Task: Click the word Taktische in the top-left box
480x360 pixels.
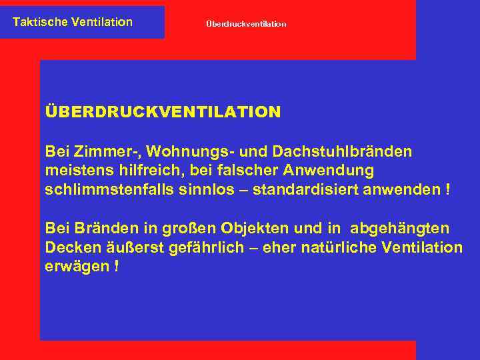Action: tap(37, 22)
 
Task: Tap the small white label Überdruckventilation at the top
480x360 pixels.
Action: tap(246, 24)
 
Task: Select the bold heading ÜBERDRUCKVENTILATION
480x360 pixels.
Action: tap(163, 112)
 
